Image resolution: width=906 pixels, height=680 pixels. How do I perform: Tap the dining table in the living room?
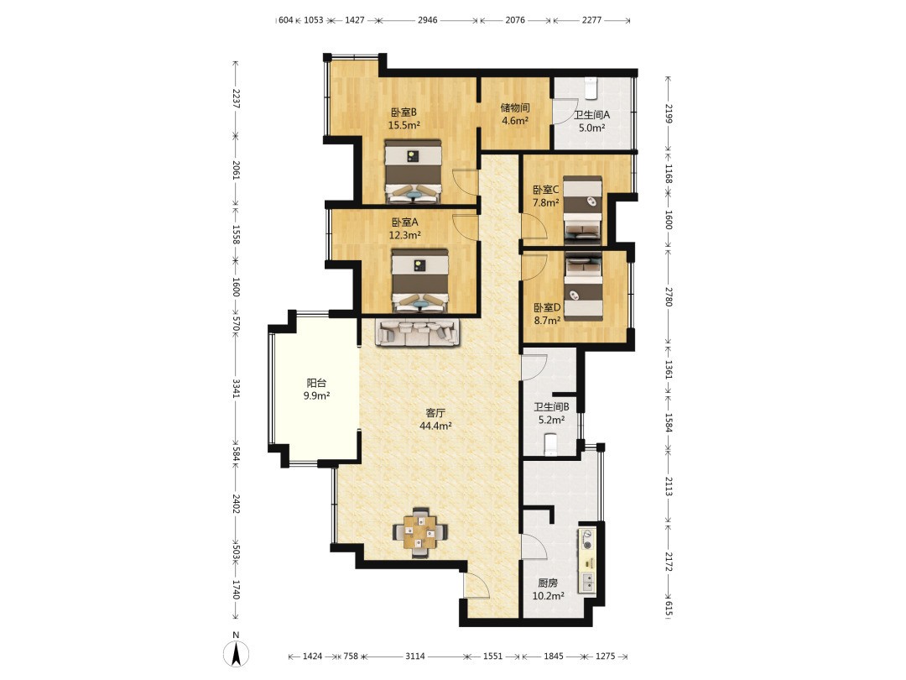coord(420,531)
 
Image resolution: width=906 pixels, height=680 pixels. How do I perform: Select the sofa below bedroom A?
coord(419,332)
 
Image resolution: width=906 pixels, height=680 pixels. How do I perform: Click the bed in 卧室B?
coord(413,171)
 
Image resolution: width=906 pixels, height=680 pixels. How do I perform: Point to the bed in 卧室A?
coord(420,281)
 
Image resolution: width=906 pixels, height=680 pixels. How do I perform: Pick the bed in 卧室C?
coord(582,209)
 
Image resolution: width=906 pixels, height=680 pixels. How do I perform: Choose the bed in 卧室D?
coord(583,286)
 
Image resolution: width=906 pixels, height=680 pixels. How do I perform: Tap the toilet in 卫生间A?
coord(591,88)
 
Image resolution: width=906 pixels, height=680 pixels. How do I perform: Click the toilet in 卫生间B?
coord(551,444)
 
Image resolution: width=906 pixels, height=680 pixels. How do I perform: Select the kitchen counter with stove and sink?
coord(586,560)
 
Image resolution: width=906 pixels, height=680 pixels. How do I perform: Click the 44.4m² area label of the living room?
coord(435,426)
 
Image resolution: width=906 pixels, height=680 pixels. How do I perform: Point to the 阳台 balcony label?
coord(316,383)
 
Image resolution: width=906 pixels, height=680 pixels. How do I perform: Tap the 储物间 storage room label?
coord(515,107)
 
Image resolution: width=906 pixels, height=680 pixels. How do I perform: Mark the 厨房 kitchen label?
coord(548,583)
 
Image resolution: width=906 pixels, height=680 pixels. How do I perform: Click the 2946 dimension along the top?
coord(428,19)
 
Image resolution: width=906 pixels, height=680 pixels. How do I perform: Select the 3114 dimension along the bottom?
coord(415,656)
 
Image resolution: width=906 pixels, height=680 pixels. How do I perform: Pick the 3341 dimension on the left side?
coord(236,388)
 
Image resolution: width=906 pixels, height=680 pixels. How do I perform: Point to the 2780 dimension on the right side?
coord(668,296)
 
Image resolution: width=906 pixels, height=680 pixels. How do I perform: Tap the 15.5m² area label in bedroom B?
coord(404,125)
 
